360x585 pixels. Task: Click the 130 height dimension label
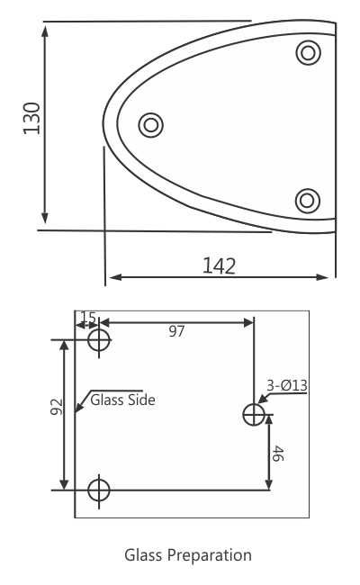coord(32,118)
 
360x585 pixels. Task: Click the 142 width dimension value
coord(219,265)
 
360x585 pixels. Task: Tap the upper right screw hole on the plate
coord(309,53)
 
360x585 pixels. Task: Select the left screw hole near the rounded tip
coord(150,124)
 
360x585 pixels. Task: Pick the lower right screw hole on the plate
coord(309,200)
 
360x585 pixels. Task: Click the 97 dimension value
coord(176,331)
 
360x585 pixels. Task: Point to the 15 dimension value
coord(88,318)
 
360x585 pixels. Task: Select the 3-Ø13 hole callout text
coord(287,386)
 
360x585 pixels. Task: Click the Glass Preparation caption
coord(188,554)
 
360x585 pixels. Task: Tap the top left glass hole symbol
coord(98,341)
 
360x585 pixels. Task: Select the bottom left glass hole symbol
coord(98,490)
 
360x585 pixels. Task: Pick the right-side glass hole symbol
coord(254,414)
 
